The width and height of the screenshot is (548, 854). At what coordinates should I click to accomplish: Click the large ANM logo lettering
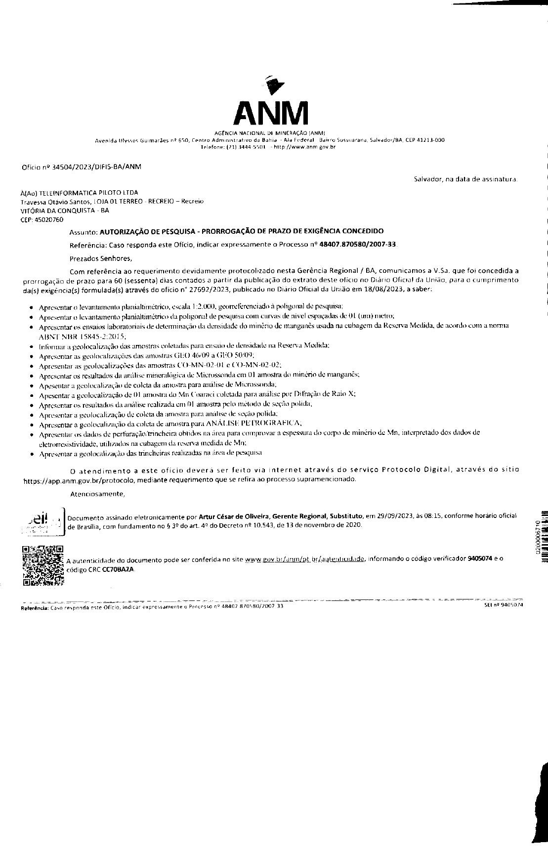click(270, 114)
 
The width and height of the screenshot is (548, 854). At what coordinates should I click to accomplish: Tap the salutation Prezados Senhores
click(101, 258)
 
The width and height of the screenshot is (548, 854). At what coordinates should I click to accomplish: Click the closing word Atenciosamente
click(97, 494)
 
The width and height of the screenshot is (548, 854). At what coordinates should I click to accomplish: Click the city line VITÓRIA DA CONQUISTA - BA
click(64, 211)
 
